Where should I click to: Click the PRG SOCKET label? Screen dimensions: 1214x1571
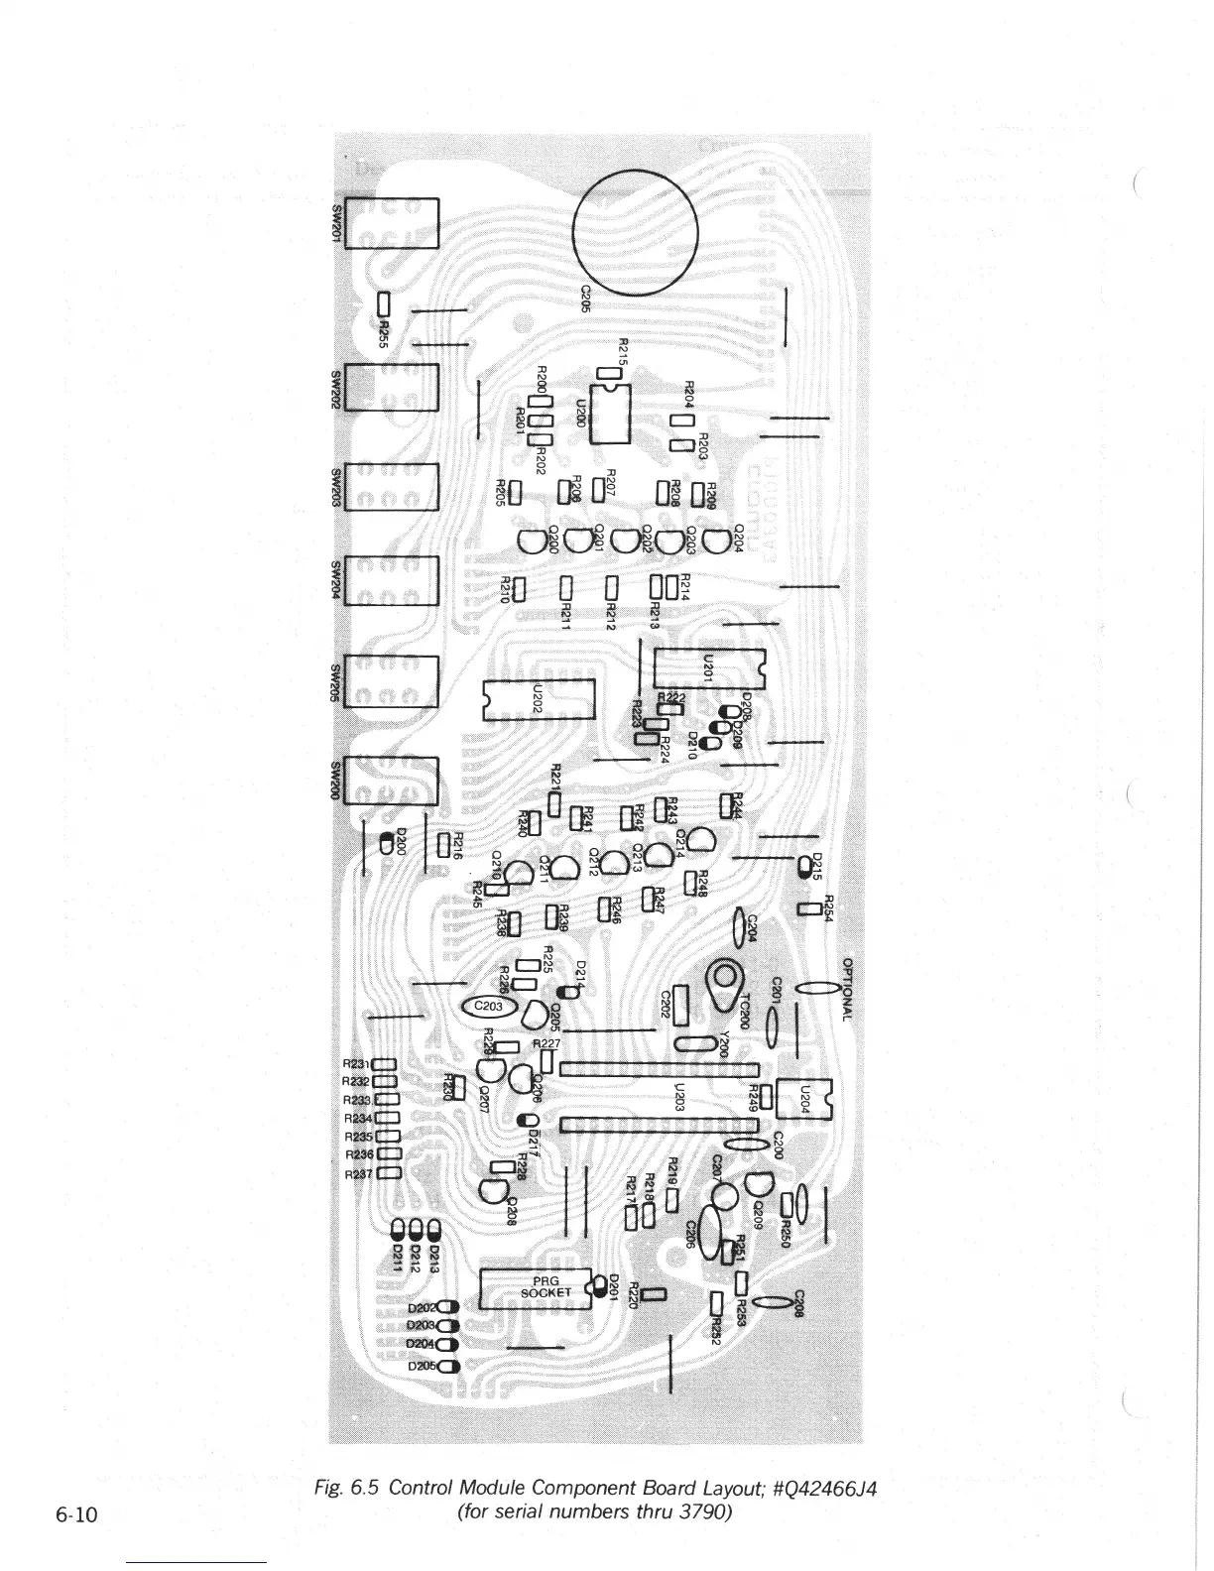pos(546,1286)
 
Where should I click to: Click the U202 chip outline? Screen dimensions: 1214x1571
pos(537,699)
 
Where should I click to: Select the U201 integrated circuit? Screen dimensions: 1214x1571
pos(709,666)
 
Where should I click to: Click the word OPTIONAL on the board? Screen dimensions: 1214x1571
pos(848,990)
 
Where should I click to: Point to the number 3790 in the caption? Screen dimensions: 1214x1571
pos(697,1514)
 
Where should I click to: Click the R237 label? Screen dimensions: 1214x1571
pos(357,1174)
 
